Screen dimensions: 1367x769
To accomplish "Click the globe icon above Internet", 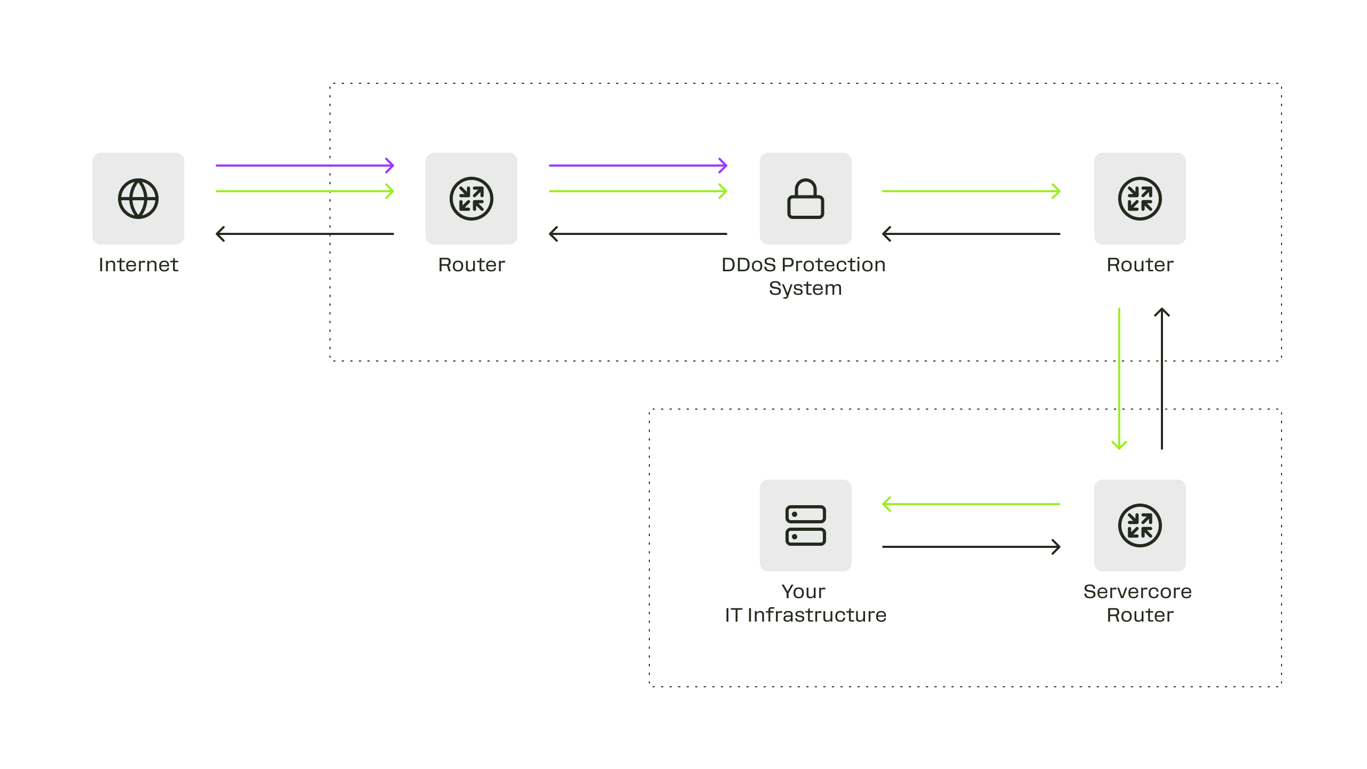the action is point(138,199).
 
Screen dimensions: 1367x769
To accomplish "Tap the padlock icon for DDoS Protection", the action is point(806,199).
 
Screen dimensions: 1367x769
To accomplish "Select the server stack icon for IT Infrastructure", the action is point(806,525).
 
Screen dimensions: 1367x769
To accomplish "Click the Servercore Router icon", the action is point(1140,525).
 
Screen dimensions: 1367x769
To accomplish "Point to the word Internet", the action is point(138,265).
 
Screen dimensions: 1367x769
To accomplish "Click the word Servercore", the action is point(1137,592).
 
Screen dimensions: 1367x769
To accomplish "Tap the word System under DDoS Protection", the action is point(805,289).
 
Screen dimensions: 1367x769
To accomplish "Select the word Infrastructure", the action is point(817,615).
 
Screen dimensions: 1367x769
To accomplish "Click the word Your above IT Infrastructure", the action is point(804,592).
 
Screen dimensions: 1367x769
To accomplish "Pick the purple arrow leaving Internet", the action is point(305,166).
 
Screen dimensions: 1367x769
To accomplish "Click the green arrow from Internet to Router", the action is point(305,191).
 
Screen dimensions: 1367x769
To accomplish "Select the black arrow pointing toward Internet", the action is point(305,234).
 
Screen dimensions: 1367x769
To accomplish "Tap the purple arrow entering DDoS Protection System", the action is point(638,166).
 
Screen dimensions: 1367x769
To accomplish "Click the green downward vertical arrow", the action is point(1119,379).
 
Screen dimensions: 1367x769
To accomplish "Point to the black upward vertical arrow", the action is point(1162,379).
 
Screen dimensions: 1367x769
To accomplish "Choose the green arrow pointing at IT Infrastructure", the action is point(971,504).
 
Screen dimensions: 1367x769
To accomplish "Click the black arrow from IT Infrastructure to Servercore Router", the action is point(971,547).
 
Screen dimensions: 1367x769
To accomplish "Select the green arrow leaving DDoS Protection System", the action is point(971,191).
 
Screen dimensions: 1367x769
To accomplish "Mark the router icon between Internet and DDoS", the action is point(472,199).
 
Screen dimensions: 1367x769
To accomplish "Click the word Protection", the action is point(834,265).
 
